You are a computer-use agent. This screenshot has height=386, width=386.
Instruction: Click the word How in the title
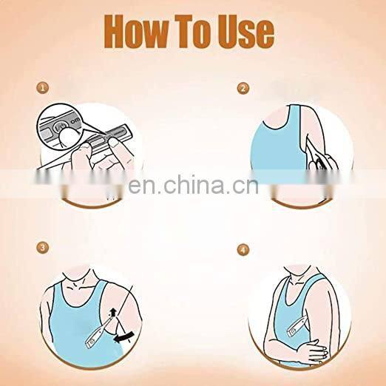136,31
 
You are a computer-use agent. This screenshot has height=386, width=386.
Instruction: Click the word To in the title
192,31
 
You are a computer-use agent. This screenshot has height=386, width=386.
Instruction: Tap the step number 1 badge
43,88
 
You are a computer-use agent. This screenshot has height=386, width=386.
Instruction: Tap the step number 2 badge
243,88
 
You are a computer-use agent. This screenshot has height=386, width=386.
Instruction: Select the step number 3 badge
43,248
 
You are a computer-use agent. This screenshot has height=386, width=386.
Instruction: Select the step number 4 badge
243,250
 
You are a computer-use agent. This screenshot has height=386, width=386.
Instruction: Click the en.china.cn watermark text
193,184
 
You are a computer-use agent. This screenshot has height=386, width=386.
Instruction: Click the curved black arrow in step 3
123,336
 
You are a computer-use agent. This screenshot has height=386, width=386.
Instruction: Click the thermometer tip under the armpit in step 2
308,146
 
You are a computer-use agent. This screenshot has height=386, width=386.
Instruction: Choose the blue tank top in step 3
79,331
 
